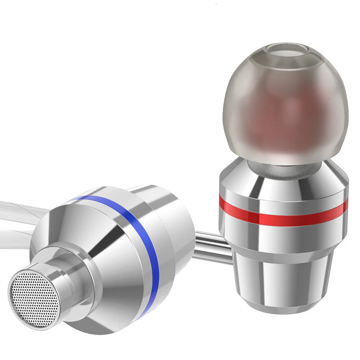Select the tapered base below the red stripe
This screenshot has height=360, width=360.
coord(284,277)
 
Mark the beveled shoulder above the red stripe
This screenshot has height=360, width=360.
coord(284,182)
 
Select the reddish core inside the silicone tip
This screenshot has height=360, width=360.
coord(284,119)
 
